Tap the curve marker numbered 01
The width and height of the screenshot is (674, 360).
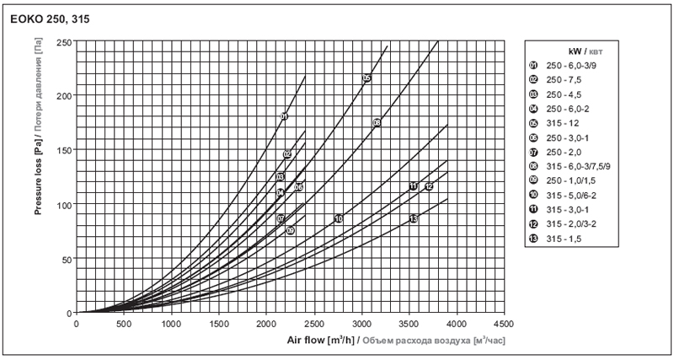point(284,116)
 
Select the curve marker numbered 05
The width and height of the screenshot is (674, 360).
point(366,78)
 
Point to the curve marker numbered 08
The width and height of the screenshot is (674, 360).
point(377,123)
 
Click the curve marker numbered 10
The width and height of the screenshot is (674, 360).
point(339,218)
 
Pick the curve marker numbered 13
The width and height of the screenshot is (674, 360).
point(414,218)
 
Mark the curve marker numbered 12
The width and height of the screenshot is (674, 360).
point(429,186)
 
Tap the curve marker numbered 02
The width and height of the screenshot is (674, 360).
point(287,154)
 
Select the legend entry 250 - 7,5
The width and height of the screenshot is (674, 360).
point(570,80)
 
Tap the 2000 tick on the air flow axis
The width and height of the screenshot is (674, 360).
point(267,323)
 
